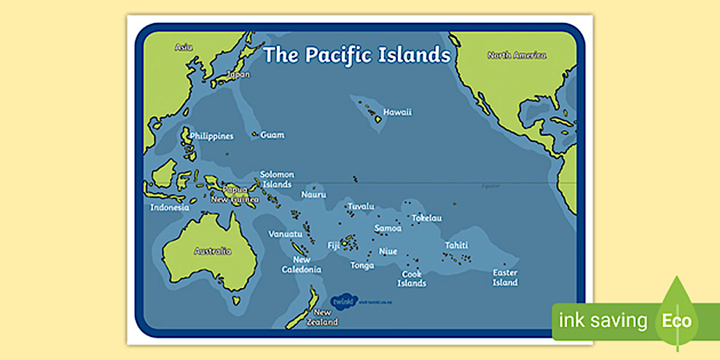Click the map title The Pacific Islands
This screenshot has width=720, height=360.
[x=357, y=55]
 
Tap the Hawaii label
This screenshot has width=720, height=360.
[x=397, y=112]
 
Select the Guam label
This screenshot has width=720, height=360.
[x=272, y=135]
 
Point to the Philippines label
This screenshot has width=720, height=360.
[x=212, y=137]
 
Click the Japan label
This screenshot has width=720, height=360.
[x=238, y=74]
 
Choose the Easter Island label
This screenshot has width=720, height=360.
[x=505, y=278]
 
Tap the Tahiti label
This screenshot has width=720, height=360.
[x=457, y=245]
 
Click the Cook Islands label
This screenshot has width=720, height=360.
[x=412, y=279]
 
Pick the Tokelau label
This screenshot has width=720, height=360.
[x=426, y=218]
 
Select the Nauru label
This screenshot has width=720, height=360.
[x=314, y=195]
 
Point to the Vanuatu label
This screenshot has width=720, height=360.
[x=285, y=234]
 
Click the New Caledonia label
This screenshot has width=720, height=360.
[x=302, y=265]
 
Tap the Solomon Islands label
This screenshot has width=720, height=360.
[x=277, y=179]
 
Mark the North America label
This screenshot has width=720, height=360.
[x=517, y=55]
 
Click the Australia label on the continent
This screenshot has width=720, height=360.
[x=213, y=251]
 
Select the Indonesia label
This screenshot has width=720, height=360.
[x=170, y=207]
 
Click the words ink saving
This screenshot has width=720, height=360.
[x=603, y=321]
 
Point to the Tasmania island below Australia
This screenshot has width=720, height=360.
[x=235, y=300]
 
